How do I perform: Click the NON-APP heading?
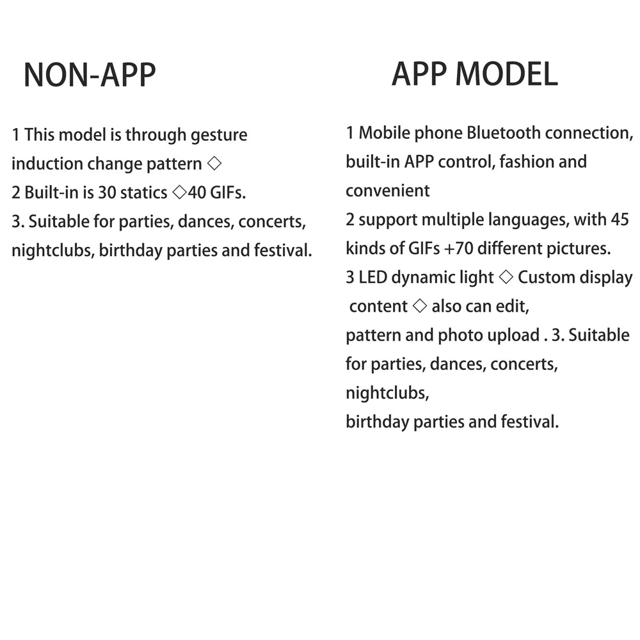coord(90,76)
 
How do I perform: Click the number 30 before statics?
coord(107,193)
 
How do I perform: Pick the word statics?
coord(143,193)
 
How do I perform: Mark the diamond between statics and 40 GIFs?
coord(179,193)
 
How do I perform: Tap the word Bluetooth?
coord(504,133)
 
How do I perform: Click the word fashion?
coord(526,162)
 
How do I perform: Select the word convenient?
coord(388,191)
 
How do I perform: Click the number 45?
coord(620,220)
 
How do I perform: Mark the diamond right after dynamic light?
coord(506,278)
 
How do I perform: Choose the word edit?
coord(515,307)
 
